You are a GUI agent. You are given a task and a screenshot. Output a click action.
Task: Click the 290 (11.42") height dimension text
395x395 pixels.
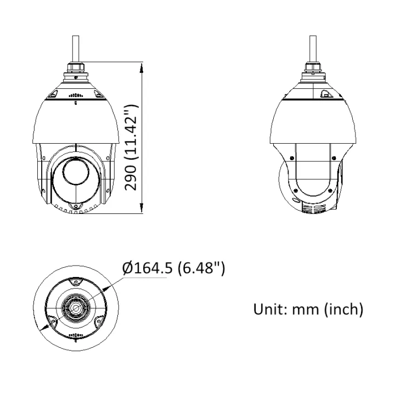point(132,148)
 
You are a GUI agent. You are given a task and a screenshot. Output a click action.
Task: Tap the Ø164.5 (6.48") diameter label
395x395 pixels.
point(173,268)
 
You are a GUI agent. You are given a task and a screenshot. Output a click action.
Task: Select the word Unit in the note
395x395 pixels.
point(269,309)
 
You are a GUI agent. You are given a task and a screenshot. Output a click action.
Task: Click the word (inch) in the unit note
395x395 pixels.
point(344,309)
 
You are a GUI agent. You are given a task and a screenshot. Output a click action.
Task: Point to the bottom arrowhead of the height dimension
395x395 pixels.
point(142,207)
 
